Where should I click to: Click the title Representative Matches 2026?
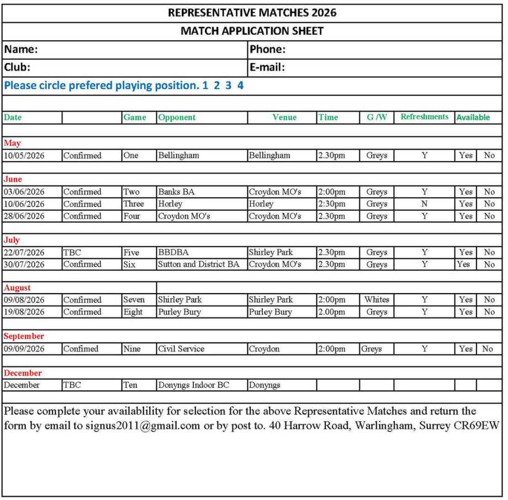pos(252,13)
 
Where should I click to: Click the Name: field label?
pos(21,49)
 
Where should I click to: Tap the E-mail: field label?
pos(267,67)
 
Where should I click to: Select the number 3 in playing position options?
pos(228,86)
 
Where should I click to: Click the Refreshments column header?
pos(424,117)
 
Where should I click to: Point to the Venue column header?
pos(284,117)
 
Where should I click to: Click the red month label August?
pos(17,288)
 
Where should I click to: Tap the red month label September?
pos(24,336)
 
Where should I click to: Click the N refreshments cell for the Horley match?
pos(424,204)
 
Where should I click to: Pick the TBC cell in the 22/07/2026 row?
pos(72,252)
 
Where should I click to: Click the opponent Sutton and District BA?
pos(199,264)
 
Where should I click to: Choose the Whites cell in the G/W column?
pos(377,300)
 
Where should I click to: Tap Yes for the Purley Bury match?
pos(465,312)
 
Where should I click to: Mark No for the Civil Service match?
pos(487,349)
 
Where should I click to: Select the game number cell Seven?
pos(134,300)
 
